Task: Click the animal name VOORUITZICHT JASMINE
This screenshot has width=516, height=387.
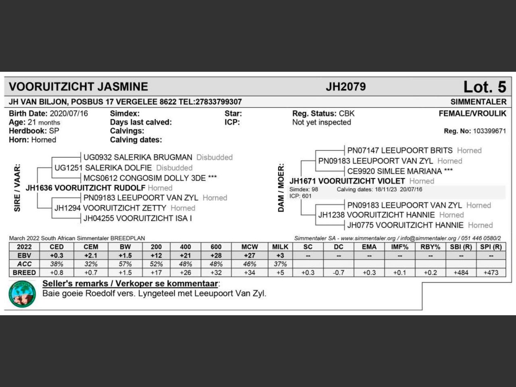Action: coord(78,87)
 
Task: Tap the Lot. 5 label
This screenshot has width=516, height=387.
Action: coord(484,87)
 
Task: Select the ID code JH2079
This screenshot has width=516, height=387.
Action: coord(345,87)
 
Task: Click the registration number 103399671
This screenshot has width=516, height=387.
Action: coord(489,131)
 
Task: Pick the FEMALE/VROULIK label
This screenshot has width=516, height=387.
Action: coord(472,114)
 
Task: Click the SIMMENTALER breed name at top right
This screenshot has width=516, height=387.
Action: coord(478,102)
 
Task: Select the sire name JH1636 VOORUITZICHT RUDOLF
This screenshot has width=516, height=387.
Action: coord(85,188)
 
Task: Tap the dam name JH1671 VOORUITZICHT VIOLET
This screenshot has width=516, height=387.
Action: coord(347,181)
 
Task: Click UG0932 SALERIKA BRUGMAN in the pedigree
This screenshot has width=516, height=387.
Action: coord(137,157)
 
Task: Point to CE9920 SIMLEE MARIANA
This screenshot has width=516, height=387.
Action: coord(394,171)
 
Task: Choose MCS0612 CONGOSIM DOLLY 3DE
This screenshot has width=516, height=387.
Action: coord(144,178)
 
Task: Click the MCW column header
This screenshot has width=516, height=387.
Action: coord(250,247)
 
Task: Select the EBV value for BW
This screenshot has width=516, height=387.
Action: coord(125,256)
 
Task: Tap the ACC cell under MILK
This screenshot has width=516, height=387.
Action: coord(280,264)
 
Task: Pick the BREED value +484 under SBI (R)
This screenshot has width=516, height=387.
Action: coord(461,273)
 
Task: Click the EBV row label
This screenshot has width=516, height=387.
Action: coord(24,256)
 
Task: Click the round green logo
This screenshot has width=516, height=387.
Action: coord(22,294)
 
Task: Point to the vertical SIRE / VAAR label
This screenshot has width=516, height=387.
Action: coord(17,187)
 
